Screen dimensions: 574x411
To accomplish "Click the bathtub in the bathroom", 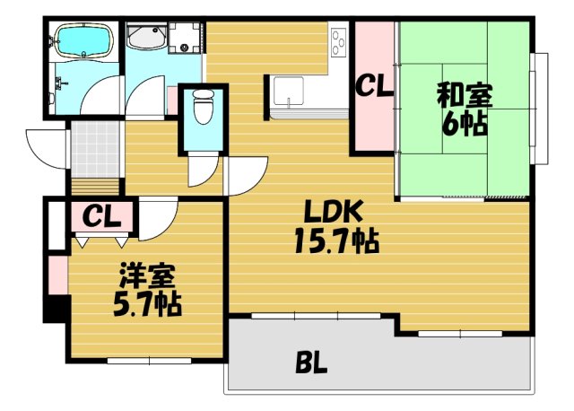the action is pyautogui.click(x=84, y=40).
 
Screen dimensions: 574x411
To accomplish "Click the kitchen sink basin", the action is pyautogui.click(x=289, y=91).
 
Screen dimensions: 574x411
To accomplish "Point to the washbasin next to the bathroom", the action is pyautogui.click(x=147, y=37).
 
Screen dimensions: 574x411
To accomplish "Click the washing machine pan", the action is pyautogui.click(x=185, y=38).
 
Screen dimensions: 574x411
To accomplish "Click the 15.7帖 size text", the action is pyautogui.click(x=337, y=240).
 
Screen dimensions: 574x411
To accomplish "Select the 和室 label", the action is pyautogui.click(x=465, y=95).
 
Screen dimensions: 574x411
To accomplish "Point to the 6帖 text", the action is pyautogui.click(x=465, y=123).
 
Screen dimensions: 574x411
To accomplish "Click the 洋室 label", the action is pyautogui.click(x=147, y=275).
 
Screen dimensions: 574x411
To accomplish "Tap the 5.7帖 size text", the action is pyautogui.click(x=147, y=304).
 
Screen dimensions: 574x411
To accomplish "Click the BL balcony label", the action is pyautogui.click(x=311, y=363).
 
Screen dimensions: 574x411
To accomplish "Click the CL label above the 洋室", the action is pyautogui.click(x=101, y=217).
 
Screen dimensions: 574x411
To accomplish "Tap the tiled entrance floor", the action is pyautogui.click(x=96, y=149).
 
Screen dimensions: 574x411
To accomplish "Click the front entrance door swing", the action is pyautogui.click(x=47, y=148).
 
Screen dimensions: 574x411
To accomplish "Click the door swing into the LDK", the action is pyautogui.click(x=246, y=177).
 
